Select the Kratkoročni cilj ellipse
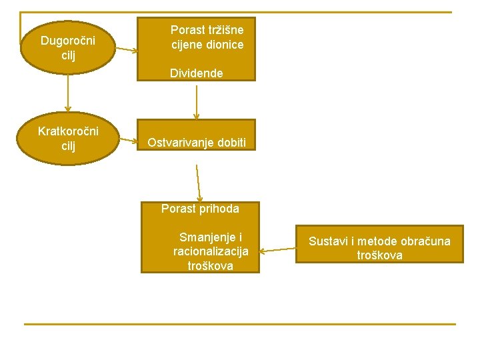click(x=67, y=138)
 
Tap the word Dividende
click(x=197, y=73)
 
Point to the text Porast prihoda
click(x=200, y=209)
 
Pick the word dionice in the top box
click(x=225, y=45)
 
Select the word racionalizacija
click(x=211, y=251)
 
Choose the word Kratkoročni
click(x=68, y=131)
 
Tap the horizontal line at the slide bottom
click(x=240, y=324)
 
